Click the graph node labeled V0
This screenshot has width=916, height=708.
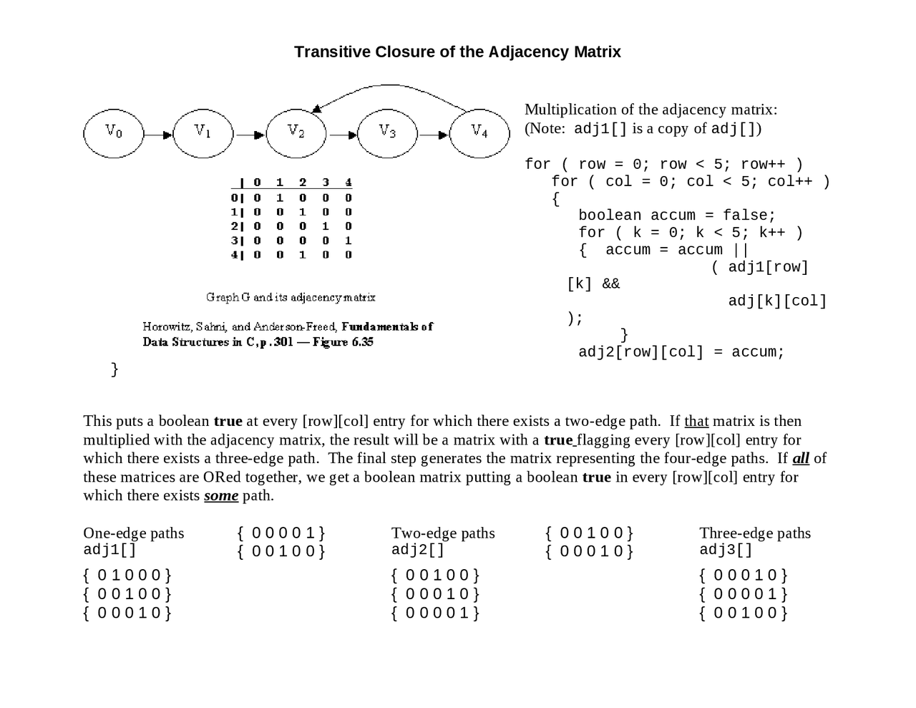[114, 133]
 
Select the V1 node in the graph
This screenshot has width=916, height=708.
[203, 133]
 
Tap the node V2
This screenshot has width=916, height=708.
[296, 133]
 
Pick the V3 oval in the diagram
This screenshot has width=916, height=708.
[387, 133]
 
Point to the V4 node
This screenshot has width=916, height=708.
[479, 133]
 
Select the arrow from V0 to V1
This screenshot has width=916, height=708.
[158, 135]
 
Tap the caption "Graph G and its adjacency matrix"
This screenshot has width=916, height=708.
[291, 297]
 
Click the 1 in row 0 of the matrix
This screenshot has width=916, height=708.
[280, 198]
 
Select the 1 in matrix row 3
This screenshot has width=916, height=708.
[349, 241]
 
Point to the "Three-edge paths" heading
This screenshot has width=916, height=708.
[755, 533]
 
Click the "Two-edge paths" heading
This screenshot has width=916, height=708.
[443, 533]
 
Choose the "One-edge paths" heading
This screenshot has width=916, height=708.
[134, 533]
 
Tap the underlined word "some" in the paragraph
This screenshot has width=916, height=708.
[221, 495]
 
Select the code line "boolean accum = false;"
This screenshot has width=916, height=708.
[677, 215]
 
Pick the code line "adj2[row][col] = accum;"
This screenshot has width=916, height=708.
[681, 352]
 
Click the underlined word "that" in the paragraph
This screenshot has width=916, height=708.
[696, 421]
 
